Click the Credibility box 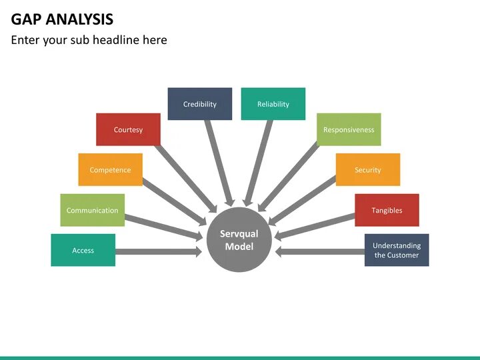tap(200, 104)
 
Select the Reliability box tap(273, 104)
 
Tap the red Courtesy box tap(128, 129)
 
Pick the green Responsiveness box tap(349, 129)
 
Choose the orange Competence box tap(110, 169)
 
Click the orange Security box tap(367, 169)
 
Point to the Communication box tap(93, 210)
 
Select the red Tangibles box tap(387, 210)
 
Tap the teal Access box tap(83, 250)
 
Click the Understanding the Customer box tap(397, 250)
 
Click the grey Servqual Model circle tap(239, 240)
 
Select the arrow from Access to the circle tap(159, 251)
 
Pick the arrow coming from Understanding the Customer tap(320, 251)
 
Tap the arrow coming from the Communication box tap(163, 225)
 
